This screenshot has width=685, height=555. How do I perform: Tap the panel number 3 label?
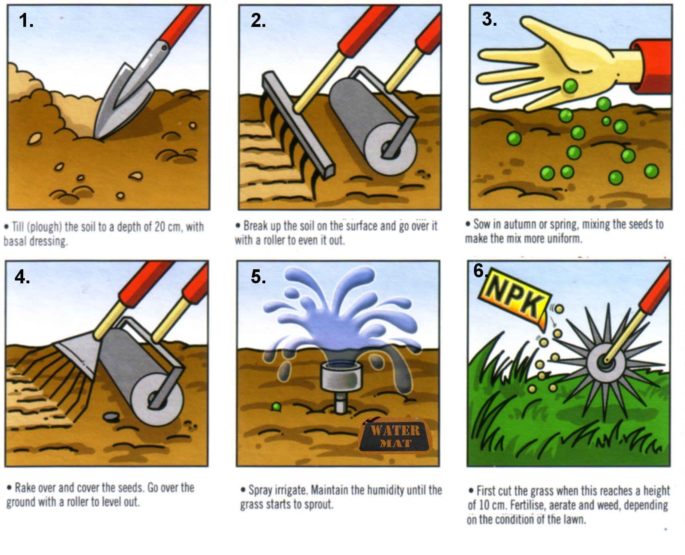489,19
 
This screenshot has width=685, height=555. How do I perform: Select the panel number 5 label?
258,276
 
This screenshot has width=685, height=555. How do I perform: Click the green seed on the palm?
570,85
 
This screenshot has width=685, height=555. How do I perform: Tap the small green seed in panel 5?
276,407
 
